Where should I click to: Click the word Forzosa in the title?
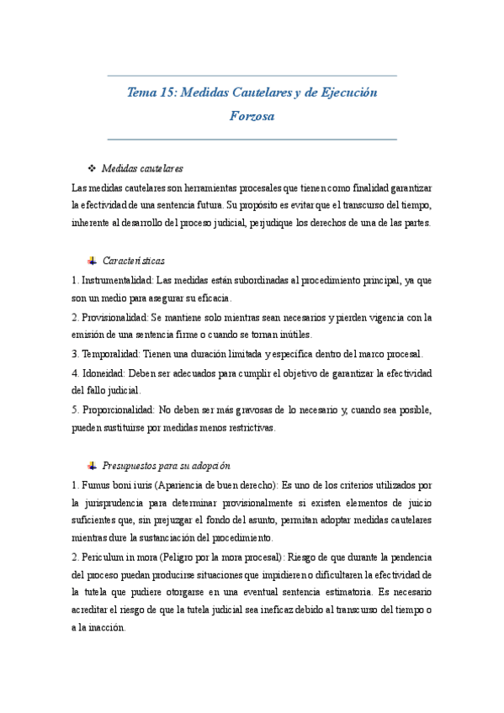point(252,116)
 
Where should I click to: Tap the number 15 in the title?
point(167,92)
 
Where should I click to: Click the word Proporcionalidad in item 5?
point(118,409)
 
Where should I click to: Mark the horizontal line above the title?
point(252,76)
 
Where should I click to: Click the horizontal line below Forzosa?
point(252,139)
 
